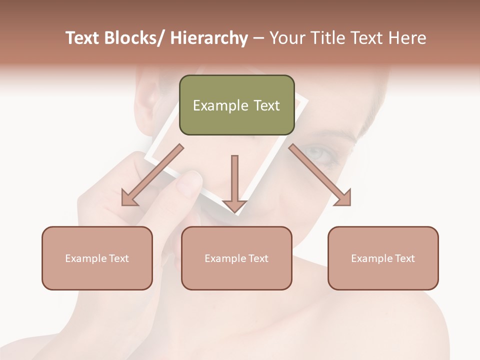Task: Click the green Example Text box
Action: tap(236, 105)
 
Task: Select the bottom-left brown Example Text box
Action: tap(97, 258)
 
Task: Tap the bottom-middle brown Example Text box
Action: tap(236, 258)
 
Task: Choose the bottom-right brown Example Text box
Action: tap(383, 258)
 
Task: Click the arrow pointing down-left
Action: tap(152, 175)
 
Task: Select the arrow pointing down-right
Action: tap(320, 175)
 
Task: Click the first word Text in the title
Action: tap(83, 38)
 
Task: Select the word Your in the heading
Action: tap(287, 38)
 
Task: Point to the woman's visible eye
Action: tap(320, 155)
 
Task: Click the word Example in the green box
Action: tap(218, 105)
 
